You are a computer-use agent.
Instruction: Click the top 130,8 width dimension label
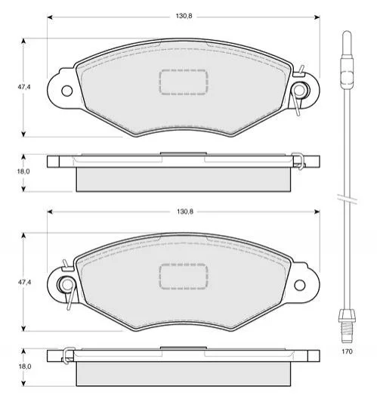click(184, 16)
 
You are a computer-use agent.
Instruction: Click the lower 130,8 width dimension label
click(185, 212)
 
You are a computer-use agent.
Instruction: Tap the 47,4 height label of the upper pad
click(24, 87)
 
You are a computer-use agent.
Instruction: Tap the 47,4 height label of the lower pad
click(24, 282)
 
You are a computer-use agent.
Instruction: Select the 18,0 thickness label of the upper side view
click(23, 172)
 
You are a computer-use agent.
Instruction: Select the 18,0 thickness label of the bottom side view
click(25, 366)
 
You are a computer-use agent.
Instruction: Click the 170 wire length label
click(347, 351)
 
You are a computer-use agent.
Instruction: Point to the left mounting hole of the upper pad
click(67, 91)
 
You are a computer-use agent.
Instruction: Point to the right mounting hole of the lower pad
click(299, 285)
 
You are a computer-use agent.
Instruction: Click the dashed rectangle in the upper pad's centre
click(184, 82)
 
